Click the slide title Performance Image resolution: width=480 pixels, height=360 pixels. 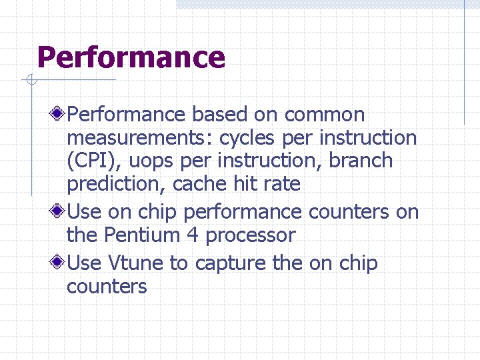pyautogui.click(x=131, y=57)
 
